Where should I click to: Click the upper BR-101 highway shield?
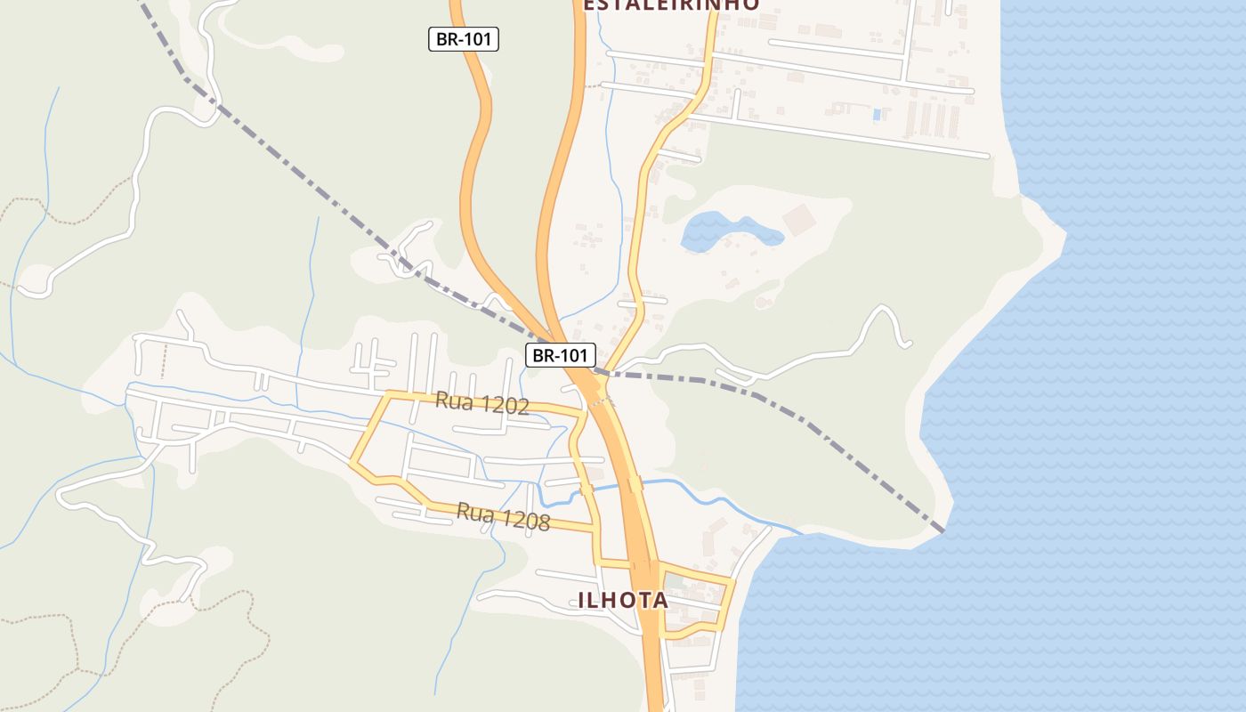pyautogui.click(x=463, y=39)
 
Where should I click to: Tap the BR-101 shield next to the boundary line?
pyautogui.click(x=560, y=356)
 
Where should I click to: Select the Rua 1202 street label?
pyautogui.click(x=481, y=403)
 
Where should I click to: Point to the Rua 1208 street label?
pyautogui.click(x=503, y=516)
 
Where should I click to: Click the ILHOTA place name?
pyautogui.click(x=623, y=600)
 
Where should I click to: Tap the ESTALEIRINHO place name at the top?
pyautogui.click(x=671, y=5)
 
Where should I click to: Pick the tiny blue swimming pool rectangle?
pyautogui.click(x=878, y=115)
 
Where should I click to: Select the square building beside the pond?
pyautogui.click(x=798, y=220)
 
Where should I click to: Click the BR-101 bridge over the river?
pyautogui.click(x=635, y=485)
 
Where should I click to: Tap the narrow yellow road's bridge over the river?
pyautogui.click(x=586, y=489)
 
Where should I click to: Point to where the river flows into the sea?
pyautogui.click(x=798, y=533)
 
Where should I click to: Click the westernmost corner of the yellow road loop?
pyautogui.click(x=352, y=464)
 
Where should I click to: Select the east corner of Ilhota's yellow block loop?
pyautogui.click(x=732, y=582)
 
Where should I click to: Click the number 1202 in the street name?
pyautogui.click(x=504, y=406)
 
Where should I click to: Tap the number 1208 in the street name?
pyautogui.click(x=525, y=520)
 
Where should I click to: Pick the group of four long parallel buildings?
pyautogui.click(x=932, y=119)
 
